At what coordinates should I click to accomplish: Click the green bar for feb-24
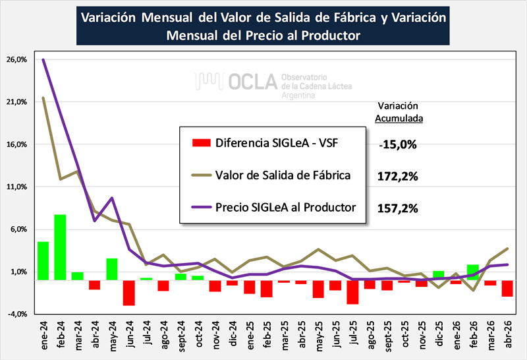tap(60, 247)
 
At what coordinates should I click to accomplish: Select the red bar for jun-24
tap(128, 293)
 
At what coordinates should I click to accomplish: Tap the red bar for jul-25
tap(352, 292)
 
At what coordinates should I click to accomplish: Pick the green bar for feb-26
tap(473, 272)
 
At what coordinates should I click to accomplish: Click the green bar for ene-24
tap(43, 260)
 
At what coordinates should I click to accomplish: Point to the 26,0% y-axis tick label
tap(16, 59)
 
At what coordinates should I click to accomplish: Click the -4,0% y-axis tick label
tap(16, 314)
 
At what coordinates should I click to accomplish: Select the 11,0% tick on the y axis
tap(16, 187)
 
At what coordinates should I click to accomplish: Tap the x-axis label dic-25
tap(439, 334)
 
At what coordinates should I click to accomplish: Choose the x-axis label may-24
tap(112, 336)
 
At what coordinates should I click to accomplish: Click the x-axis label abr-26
tap(507, 334)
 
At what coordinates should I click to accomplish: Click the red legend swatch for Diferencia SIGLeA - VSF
tap(202, 142)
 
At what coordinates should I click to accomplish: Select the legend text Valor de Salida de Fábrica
tap(283, 175)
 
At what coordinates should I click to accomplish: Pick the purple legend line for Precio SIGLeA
tap(202, 207)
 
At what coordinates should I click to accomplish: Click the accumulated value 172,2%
tap(398, 176)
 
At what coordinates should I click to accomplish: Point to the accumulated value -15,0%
tap(398, 144)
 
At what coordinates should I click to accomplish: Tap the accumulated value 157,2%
tap(398, 208)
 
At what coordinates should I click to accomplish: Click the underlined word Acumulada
tap(399, 119)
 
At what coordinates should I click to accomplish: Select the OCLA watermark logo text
tap(253, 82)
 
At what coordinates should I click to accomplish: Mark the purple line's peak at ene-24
tap(43, 59)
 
